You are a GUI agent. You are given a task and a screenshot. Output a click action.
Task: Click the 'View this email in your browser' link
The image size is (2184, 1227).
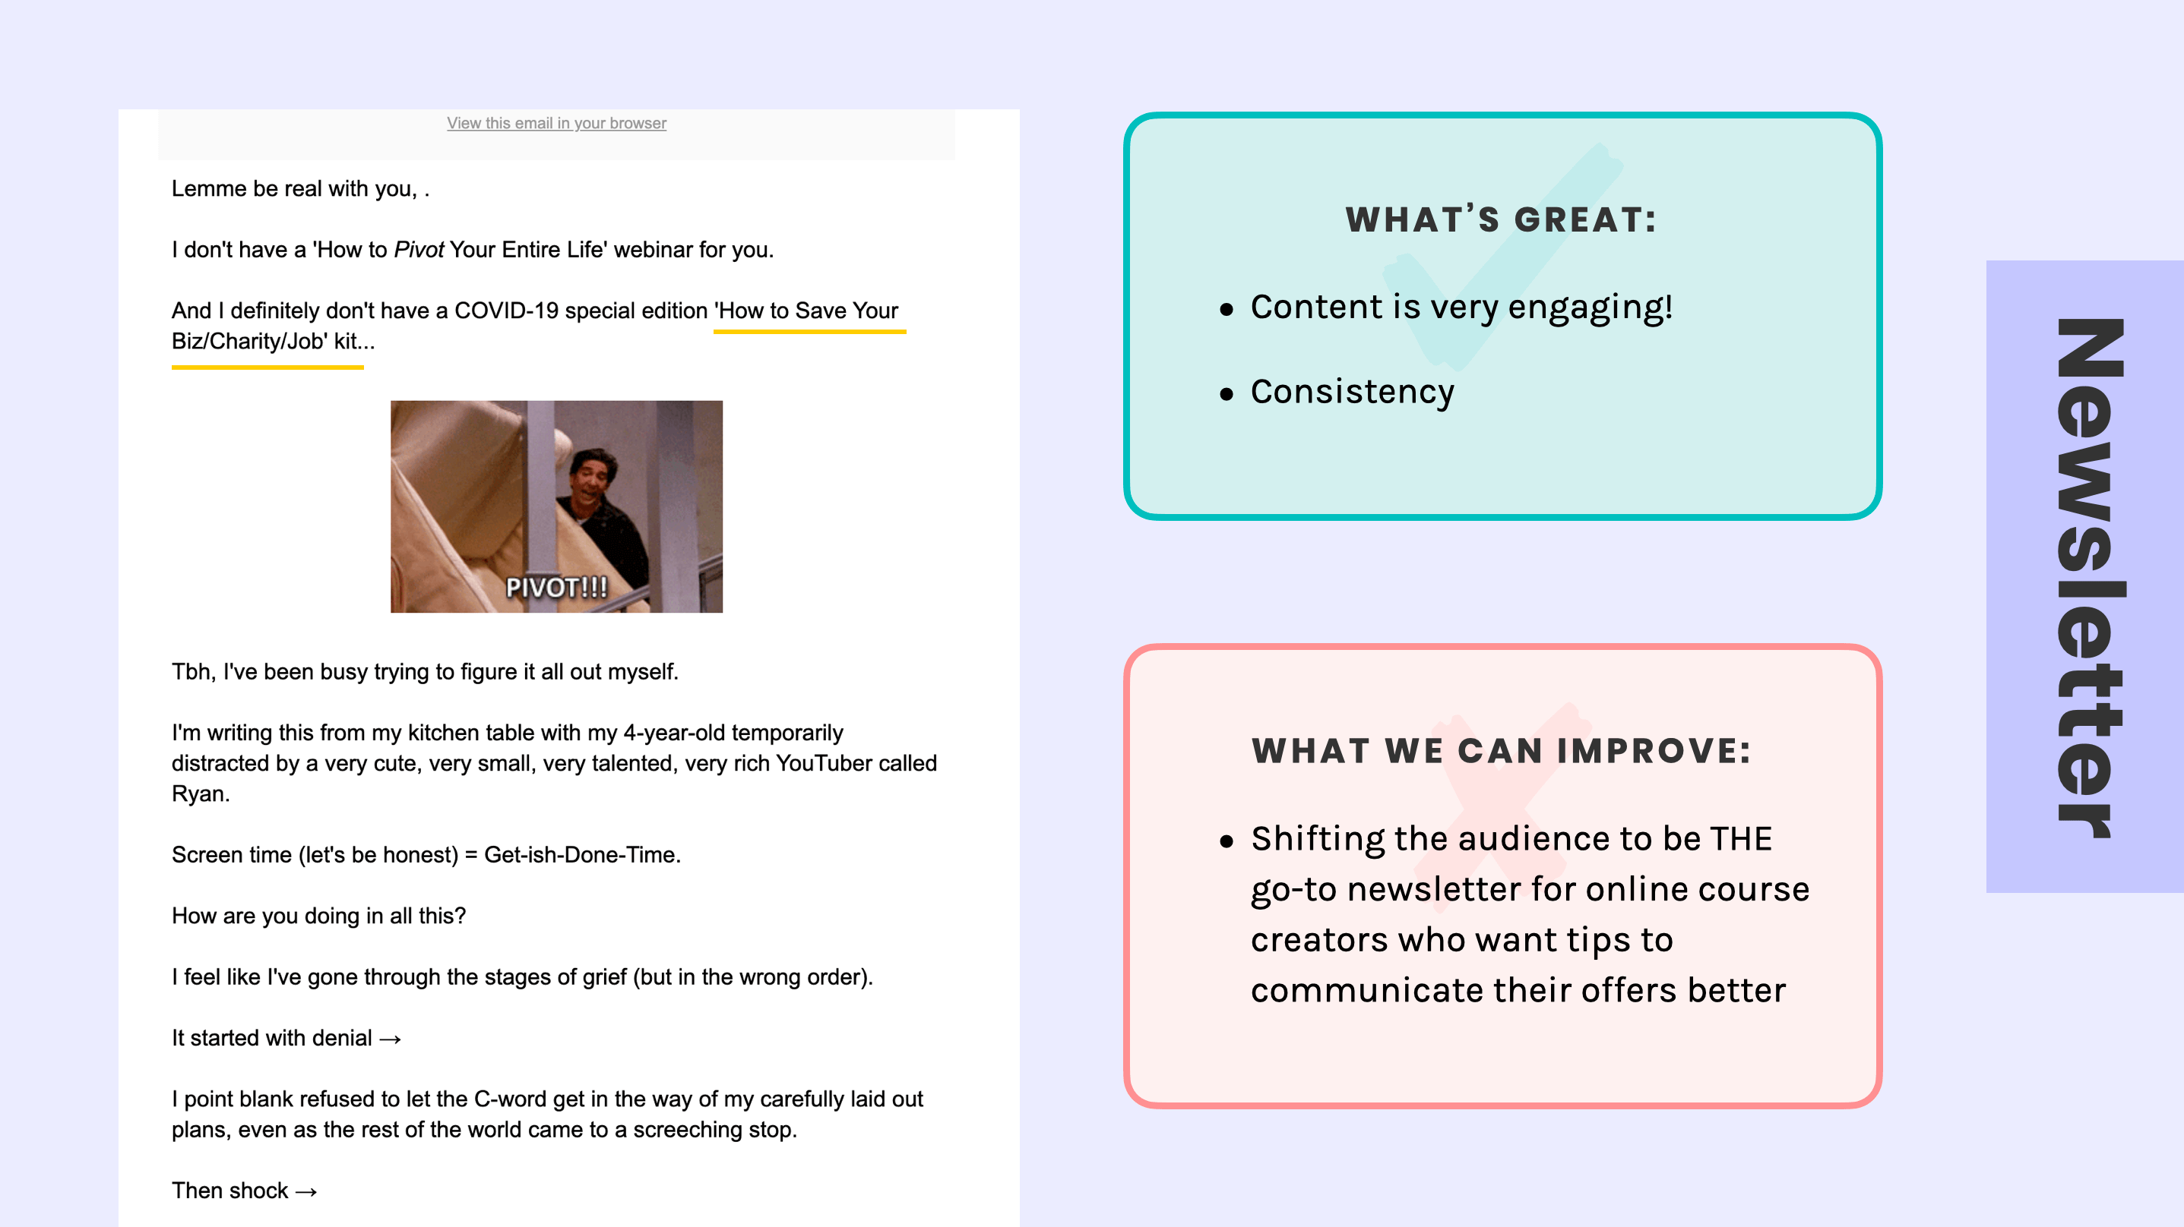tap(556, 123)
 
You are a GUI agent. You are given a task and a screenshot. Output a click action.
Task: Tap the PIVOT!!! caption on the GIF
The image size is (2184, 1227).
tap(556, 587)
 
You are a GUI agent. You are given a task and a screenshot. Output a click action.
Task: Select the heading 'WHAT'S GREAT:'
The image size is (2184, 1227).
tap(1501, 219)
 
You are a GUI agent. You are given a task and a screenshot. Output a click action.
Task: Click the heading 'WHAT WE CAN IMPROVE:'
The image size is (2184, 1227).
tap(1502, 751)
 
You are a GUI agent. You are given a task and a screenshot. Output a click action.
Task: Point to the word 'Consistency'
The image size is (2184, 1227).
tap(1353, 392)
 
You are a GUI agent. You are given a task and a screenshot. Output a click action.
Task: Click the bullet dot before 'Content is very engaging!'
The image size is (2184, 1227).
tap(1226, 309)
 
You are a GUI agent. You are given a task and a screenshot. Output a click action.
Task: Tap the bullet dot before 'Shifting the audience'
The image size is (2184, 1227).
tap(1226, 841)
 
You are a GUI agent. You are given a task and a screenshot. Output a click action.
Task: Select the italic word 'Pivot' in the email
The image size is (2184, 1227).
tap(419, 250)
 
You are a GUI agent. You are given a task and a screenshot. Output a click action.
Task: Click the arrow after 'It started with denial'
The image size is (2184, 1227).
tap(390, 1039)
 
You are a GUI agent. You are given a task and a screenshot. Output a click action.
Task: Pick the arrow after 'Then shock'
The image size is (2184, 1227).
tap(306, 1191)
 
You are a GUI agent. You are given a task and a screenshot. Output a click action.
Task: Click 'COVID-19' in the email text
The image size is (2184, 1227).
tap(506, 311)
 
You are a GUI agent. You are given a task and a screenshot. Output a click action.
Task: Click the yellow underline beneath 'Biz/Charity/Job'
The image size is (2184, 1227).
tap(267, 367)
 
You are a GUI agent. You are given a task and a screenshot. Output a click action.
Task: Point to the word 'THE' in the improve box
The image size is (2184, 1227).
tap(1740, 839)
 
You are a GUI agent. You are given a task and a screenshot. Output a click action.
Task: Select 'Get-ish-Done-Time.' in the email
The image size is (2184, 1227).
tap(582, 855)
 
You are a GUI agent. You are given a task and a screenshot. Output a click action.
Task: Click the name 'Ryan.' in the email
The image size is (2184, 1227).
tap(201, 794)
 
